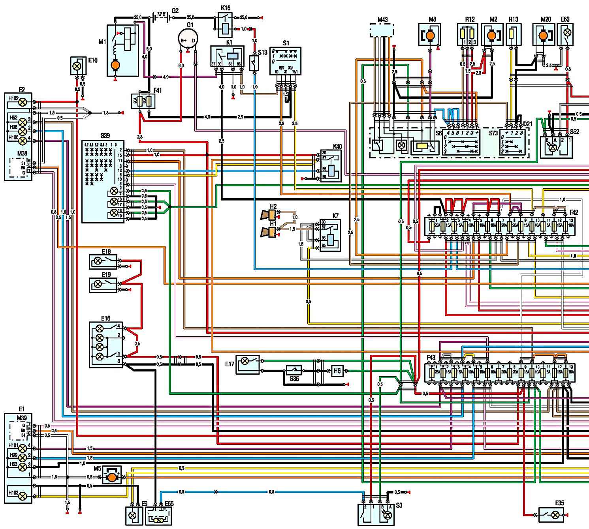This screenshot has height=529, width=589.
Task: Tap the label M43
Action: [382, 20]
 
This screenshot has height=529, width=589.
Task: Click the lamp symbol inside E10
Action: [77, 66]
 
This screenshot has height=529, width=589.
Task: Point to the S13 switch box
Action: [254, 62]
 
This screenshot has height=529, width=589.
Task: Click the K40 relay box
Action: [331, 166]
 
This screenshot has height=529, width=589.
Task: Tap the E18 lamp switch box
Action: [103, 261]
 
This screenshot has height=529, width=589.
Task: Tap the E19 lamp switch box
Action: [103, 284]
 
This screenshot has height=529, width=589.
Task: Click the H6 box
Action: [337, 371]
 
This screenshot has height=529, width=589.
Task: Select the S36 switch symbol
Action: [294, 370]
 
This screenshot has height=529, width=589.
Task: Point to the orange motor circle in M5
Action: [113, 477]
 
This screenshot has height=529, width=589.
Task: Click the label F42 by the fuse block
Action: [574, 212]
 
